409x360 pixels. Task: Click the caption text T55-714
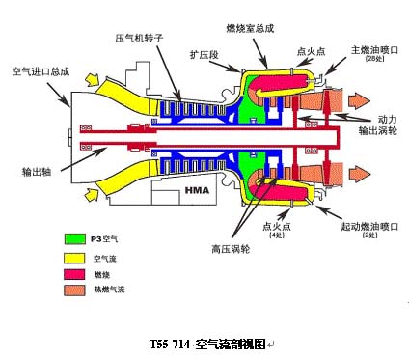pos(171,343)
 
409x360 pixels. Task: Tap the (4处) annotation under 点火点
pos(278,235)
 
